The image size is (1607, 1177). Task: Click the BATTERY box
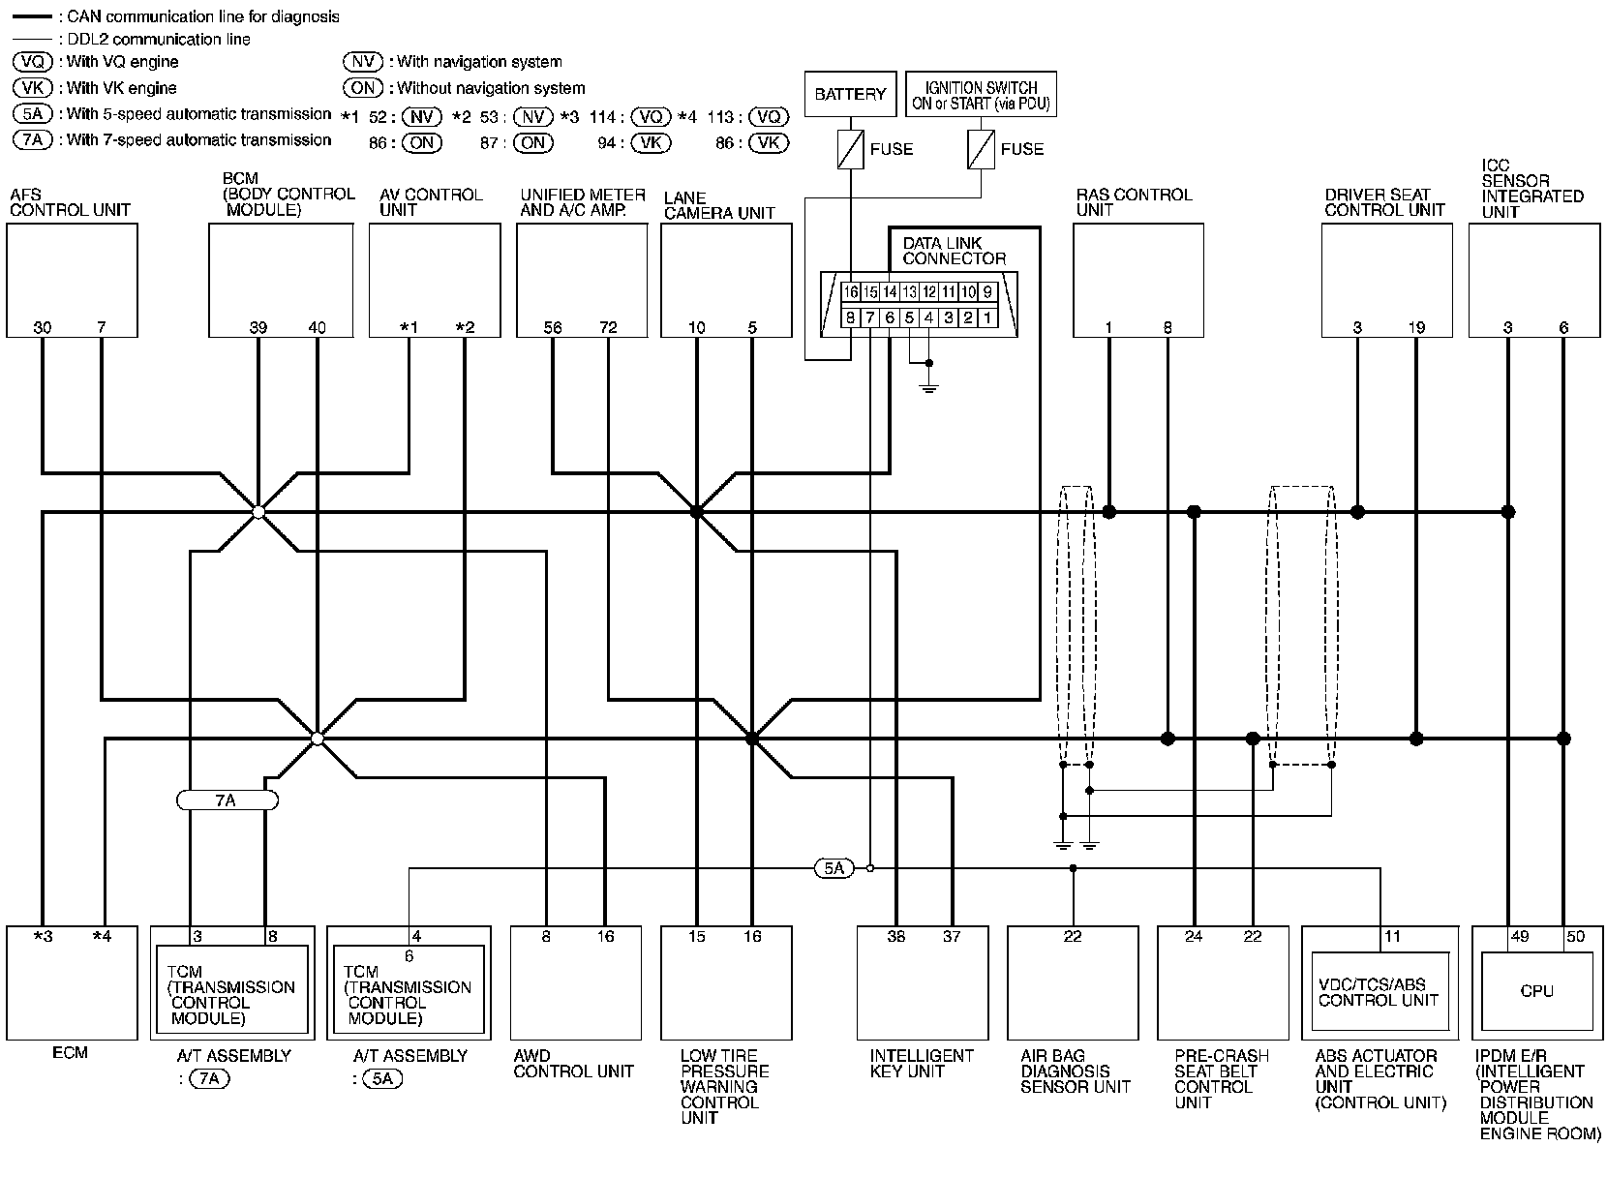coord(850,94)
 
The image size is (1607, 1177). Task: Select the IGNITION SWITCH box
coord(980,95)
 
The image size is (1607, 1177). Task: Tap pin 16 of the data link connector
coord(850,291)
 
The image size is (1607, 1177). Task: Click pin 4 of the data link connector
coord(928,317)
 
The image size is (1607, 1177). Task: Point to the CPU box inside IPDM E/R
coord(1536,990)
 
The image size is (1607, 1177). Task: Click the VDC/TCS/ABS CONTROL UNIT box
coord(1379,992)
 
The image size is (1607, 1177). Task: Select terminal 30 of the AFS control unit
coord(43,327)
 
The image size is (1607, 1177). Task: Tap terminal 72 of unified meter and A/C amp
coord(608,327)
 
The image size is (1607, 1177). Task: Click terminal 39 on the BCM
coord(258,327)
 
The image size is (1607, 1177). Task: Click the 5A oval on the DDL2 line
coord(834,868)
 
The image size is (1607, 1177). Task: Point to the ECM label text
coord(70,1052)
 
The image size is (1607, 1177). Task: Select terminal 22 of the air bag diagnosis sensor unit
coord(1073,936)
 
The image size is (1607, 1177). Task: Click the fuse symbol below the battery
coord(850,149)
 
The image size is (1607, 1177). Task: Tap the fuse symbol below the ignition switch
coord(981,149)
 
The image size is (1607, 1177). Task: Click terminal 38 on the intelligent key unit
coord(896,936)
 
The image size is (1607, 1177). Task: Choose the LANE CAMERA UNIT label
coord(719,205)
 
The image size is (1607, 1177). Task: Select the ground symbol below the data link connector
coord(928,388)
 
